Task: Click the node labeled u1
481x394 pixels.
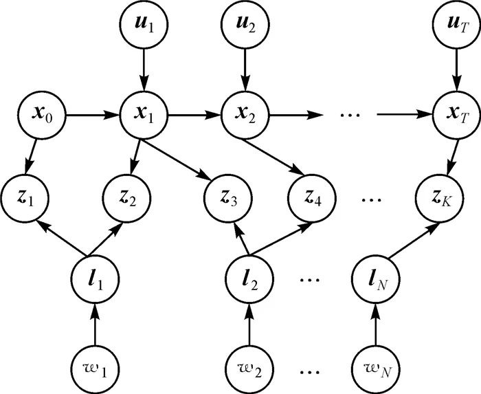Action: tap(142, 25)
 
